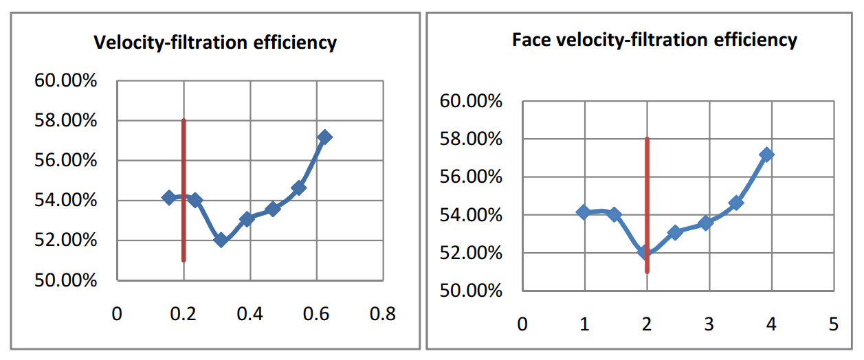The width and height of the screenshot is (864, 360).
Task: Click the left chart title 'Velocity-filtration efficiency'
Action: click(x=214, y=43)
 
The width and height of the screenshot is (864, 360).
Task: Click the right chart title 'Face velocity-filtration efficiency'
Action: click(x=654, y=40)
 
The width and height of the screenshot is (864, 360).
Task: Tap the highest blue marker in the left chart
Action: click(x=325, y=137)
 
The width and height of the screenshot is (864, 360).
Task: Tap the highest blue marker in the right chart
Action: click(x=767, y=155)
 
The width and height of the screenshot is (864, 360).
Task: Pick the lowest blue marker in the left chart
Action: click(x=221, y=240)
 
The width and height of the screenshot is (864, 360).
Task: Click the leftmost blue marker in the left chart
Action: click(x=168, y=197)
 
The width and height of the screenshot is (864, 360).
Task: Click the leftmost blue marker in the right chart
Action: click(x=584, y=212)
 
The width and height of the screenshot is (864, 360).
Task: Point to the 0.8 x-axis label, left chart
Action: click(x=382, y=315)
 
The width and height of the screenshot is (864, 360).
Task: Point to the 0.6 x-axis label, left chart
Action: click(x=316, y=315)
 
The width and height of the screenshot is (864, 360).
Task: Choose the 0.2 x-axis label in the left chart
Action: click(x=184, y=315)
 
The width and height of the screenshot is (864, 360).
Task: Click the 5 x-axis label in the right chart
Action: click(x=834, y=324)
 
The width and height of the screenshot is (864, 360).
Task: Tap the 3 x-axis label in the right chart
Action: click(x=709, y=324)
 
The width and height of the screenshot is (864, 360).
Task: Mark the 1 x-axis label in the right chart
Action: click(x=585, y=324)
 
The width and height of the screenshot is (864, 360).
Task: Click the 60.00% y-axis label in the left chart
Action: click(x=65, y=81)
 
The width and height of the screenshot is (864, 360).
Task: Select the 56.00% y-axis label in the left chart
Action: click(x=65, y=161)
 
